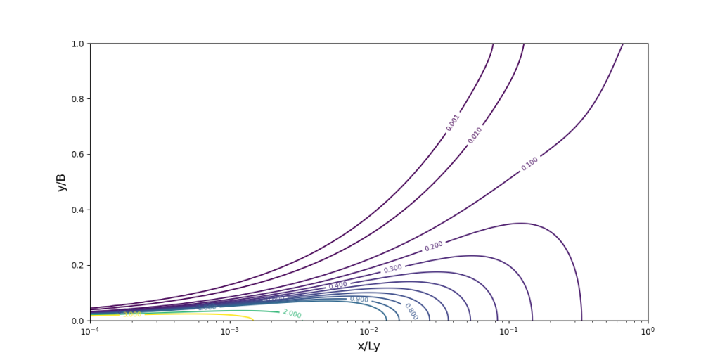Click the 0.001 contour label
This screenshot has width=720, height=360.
coord(453,122)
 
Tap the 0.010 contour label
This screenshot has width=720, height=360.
coord(475,135)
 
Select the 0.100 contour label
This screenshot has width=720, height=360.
coord(529,164)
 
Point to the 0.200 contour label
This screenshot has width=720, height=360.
coord(434,246)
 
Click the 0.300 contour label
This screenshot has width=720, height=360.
coord(392,269)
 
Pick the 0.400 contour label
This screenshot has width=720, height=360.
coord(338,285)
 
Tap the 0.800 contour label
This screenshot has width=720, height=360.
coord(411,311)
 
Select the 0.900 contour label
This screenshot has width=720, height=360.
coord(359,299)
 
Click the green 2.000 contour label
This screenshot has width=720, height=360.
coord(292,314)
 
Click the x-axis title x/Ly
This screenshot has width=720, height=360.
coord(368,346)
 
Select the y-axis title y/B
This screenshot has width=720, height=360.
coord(62,182)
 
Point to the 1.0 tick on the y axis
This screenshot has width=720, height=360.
coord(77,44)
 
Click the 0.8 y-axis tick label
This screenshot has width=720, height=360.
coord(77,99)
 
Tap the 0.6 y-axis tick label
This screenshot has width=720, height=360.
coord(77,155)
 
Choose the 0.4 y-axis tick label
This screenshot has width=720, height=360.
coord(77,210)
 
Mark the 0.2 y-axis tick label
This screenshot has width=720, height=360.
coord(77,265)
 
